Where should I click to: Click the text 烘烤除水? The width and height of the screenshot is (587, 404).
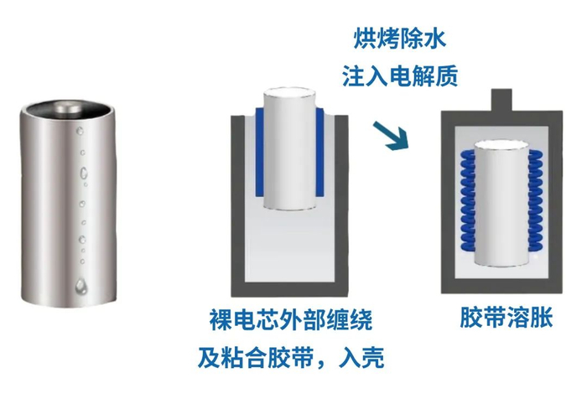(400, 39)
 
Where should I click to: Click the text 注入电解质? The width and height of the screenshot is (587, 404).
(400, 76)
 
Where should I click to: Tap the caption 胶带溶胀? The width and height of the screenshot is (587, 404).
(506, 318)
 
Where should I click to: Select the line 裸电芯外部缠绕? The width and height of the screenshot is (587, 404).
(291, 319)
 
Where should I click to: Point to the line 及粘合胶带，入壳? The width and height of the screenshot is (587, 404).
(291, 358)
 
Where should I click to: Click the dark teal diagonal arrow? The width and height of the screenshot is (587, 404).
(390, 136)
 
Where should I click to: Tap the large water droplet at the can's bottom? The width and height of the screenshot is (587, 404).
(81, 286)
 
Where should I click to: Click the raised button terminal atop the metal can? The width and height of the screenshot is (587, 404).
(67, 107)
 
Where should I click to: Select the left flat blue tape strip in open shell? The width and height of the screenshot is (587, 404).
(259, 152)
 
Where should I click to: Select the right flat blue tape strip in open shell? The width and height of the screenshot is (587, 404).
(319, 152)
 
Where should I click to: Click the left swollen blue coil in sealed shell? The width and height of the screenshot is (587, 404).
(467, 200)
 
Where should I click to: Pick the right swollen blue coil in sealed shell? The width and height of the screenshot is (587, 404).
(535, 200)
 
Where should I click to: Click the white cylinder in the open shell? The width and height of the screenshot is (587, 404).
(289, 150)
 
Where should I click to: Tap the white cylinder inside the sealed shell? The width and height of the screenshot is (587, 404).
(501, 204)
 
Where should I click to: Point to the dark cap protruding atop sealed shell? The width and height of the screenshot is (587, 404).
(501, 101)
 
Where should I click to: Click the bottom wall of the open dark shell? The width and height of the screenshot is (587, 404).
(289, 289)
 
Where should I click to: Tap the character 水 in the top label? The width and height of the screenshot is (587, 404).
(435, 39)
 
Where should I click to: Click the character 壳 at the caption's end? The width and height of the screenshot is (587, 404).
(373, 358)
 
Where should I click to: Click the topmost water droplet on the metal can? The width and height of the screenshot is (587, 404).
(80, 131)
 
